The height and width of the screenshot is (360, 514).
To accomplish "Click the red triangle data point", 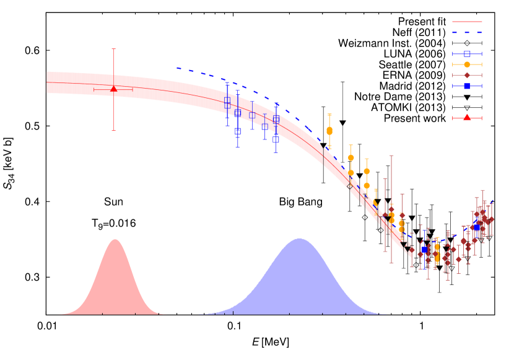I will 113,89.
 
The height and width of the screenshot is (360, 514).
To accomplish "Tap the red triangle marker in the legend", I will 467,118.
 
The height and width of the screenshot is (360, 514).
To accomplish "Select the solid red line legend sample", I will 467,22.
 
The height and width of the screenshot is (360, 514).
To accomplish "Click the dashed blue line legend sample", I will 467,32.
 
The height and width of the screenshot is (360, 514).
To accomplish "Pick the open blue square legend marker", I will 467,54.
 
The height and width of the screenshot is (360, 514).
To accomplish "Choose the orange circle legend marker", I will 467,64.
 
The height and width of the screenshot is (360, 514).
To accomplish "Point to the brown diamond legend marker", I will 467,75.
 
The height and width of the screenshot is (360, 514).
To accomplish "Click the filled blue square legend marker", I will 467,86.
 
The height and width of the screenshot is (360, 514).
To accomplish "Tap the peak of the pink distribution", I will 115,239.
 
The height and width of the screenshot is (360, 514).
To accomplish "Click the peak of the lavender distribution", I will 300,239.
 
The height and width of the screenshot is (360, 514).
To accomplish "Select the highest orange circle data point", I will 329,130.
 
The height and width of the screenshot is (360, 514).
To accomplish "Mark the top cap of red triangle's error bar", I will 113,49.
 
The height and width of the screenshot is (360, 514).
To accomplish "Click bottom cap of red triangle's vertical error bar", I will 113,131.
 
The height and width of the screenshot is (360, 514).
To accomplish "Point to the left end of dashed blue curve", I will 177,68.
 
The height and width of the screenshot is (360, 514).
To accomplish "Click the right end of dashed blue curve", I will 493,201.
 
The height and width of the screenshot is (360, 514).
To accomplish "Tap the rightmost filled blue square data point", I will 477,227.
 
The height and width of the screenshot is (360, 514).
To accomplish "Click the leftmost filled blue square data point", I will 424,250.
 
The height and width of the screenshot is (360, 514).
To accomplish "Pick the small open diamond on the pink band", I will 350,185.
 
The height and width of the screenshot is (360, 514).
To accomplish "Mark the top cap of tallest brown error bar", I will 391,156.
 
